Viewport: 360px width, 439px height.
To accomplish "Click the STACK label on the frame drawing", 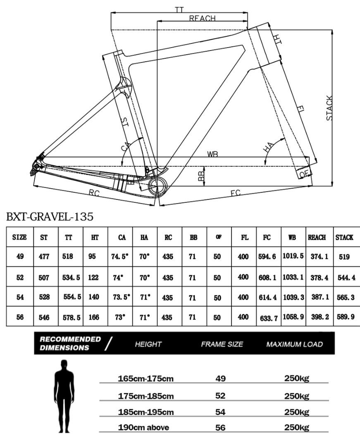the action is (x=330, y=108).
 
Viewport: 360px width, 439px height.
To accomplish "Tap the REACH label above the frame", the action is (x=202, y=18).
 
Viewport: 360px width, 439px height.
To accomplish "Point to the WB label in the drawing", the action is (x=212, y=154).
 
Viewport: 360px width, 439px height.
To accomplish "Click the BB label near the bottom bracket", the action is (x=201, y=175).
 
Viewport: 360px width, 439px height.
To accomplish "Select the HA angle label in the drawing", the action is (x=269, y=147).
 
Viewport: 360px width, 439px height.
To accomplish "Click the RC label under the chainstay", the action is (x=94, y=193).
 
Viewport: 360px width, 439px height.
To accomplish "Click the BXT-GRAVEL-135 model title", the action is (x=50, y=217).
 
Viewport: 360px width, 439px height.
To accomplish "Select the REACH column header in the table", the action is (x=317, y=237).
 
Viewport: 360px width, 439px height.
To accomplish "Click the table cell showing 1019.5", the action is (x=293, y=256).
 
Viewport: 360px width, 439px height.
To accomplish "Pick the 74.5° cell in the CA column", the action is (x=120, y=257).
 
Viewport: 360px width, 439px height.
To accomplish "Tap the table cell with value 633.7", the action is (x=269, y=318).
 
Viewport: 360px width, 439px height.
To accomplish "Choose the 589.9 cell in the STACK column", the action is (x=346, y=317).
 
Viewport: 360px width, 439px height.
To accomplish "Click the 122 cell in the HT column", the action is (x=93, y=278).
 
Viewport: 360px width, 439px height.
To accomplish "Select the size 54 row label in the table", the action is (x=20, y=297).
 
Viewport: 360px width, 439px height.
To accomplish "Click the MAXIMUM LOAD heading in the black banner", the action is (x=294, y=344).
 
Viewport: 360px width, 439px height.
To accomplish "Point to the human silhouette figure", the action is (x=64, y=396).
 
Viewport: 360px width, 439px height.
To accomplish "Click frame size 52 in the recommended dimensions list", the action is (x=220, y=396).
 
